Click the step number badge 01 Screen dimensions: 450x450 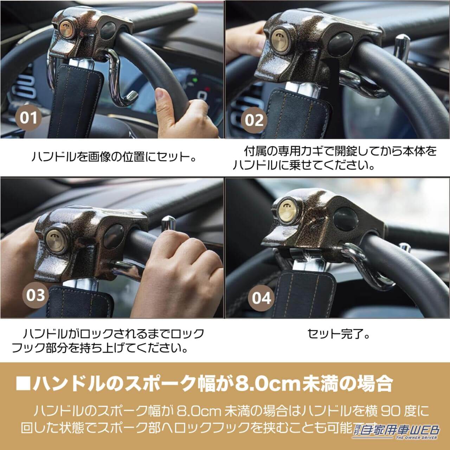coord(28,118)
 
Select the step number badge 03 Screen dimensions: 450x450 coord(36,295)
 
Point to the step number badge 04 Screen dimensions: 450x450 coord(262,298)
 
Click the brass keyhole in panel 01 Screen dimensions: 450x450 coord(66,28)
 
